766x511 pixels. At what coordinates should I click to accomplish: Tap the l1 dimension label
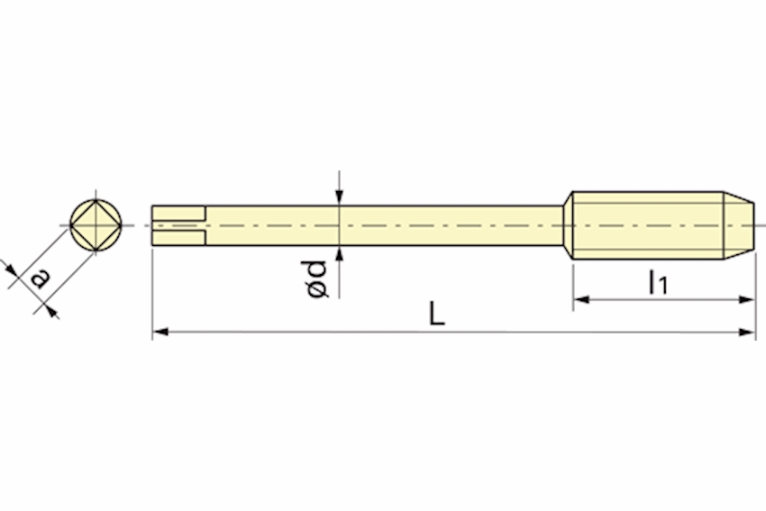pyautogui.click(x=657, y=282)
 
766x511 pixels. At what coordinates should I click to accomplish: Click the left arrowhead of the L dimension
pyautogui.click(x=160, y=333)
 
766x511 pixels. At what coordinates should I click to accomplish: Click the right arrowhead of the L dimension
pyautogui.click(x=747, y=333)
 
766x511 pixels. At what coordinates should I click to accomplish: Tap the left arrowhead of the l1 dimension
pyautogui.click(x=581, y=299)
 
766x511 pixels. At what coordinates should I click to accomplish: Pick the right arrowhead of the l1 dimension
pyautogui.click(x=747, y=299)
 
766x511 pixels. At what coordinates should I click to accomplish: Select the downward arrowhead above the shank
pyautogui.click(x=340, y=197)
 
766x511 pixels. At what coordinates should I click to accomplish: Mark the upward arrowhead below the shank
pyautogui.click(x=340, y=254)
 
